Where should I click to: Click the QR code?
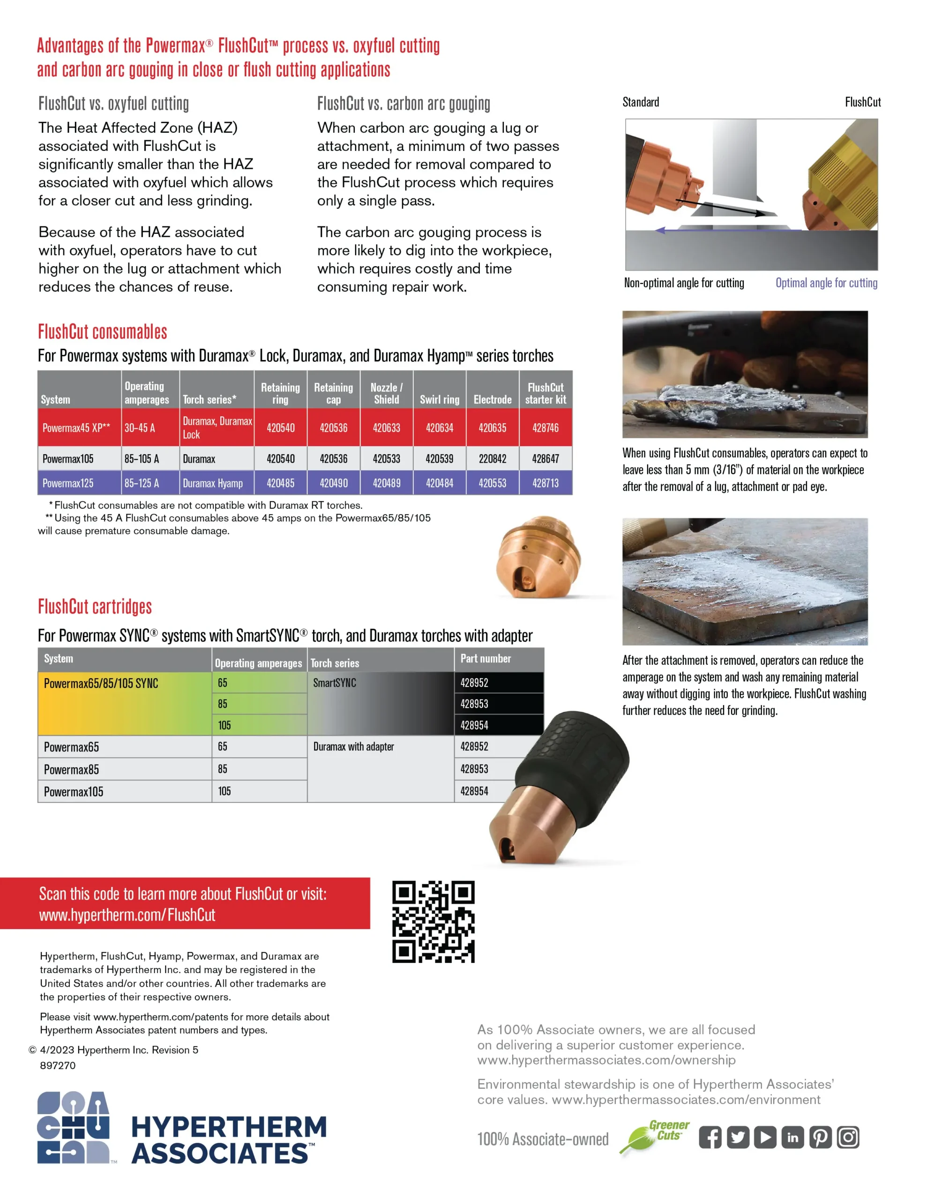coord(433,922)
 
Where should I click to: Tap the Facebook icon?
coord(710,1137)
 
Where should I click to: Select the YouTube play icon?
coord(765,1137)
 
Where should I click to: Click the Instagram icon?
coord(848,1137)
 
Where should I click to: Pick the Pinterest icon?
coord(821,1137)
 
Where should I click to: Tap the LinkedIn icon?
coord(793,1137)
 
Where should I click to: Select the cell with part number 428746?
coord(546,427)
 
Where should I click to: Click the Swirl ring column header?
coord(440,399)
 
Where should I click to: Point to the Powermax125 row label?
coord(68,483)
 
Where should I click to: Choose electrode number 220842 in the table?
coord(493,458)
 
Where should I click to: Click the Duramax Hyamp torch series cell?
coord(213,483)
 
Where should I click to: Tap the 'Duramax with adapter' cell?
coord(353,746)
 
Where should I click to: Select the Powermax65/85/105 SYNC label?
coord(101,683)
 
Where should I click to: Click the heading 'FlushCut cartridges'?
coord(95,607)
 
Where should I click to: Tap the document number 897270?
coord(58,1065)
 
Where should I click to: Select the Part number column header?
coord(486,658)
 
